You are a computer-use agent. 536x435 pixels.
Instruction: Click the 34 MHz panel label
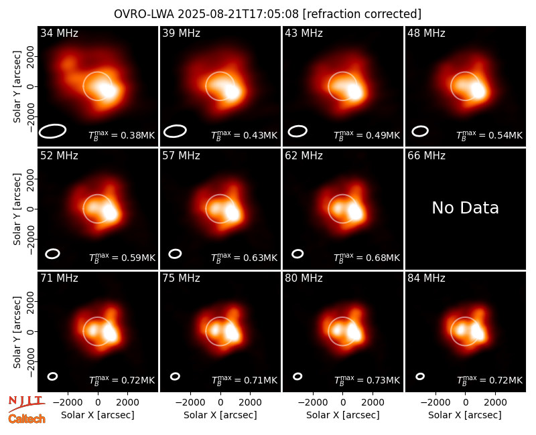click(59, 33)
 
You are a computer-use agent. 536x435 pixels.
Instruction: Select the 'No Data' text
click(465, 207)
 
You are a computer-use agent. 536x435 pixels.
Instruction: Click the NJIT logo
click(26, 403)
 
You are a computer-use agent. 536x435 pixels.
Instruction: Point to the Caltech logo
click(27, 419)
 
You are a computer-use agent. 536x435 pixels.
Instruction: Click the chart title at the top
click(267, 14)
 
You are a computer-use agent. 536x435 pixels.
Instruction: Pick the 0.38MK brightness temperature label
click(122, 135)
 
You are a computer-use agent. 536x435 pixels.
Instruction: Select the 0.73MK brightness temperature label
click(366, 379)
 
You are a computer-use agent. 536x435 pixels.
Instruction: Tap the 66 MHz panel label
click(426, 156)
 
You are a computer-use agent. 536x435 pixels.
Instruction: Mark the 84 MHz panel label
click(426, 278)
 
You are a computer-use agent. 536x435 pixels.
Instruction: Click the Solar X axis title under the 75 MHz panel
click(220, 415)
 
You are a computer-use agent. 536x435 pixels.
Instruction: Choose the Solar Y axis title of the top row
click(17, 87)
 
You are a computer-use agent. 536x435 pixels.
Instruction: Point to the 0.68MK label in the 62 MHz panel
click(366, 258)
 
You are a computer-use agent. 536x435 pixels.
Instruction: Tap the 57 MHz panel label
click(181, 156)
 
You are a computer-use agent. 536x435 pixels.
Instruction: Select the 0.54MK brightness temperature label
click(490, 135)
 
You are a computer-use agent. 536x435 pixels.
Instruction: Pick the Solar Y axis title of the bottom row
click(17, 332)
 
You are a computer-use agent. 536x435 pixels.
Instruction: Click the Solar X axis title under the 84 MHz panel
click(465, 415)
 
